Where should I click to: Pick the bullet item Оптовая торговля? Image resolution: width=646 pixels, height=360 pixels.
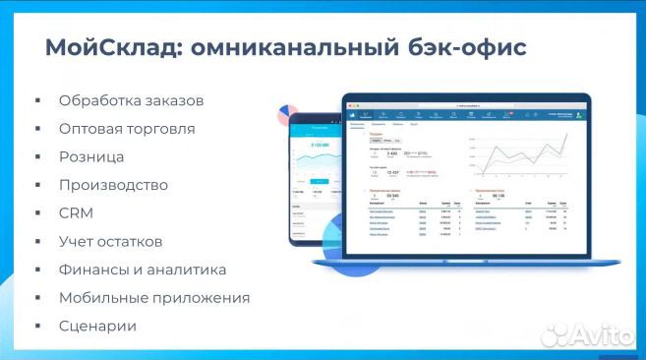[126, 129]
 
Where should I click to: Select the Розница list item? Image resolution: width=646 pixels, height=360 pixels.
[91, 156]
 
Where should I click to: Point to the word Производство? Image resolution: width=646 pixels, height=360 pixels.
[113, 185]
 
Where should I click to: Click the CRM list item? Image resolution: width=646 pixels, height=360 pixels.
[76, 212]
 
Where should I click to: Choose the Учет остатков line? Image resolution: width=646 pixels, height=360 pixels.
[110, 241]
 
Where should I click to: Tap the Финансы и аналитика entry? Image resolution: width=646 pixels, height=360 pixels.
[142, 270]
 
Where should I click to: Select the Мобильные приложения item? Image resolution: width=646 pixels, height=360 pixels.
[153, 297]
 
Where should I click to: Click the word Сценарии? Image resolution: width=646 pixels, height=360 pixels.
[96, 326]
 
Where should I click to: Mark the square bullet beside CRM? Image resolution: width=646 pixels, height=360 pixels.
[37, 213]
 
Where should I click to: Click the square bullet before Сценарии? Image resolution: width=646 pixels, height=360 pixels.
[37, 327]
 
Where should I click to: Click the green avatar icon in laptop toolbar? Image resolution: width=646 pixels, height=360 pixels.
[579, 115]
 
